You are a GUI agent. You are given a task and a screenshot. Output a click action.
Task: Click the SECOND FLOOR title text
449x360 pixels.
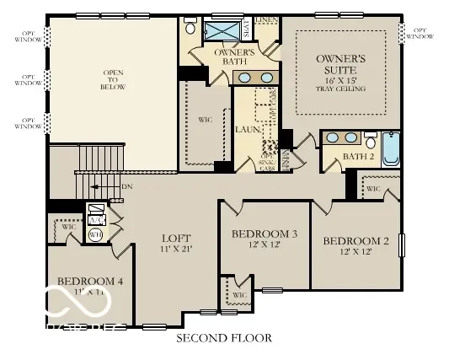(223, 338)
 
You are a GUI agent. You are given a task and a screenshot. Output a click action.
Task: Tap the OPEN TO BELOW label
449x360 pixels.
(113, 79)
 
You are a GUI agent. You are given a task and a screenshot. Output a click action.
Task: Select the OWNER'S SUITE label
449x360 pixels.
(341, 64)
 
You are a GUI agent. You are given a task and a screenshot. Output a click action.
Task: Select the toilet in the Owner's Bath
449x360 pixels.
(190, 29)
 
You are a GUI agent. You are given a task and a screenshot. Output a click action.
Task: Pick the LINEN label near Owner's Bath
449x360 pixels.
(269, 20)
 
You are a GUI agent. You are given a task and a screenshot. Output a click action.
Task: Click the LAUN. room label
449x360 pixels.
(245, 131)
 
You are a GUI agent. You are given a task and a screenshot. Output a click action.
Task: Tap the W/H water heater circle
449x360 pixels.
(96, 235)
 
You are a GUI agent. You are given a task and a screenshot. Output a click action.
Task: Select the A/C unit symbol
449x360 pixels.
(96, 213)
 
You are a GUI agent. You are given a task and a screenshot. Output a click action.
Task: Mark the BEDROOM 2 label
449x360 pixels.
(356, 242)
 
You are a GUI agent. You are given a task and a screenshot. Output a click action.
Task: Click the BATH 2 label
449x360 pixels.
(357, 157)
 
